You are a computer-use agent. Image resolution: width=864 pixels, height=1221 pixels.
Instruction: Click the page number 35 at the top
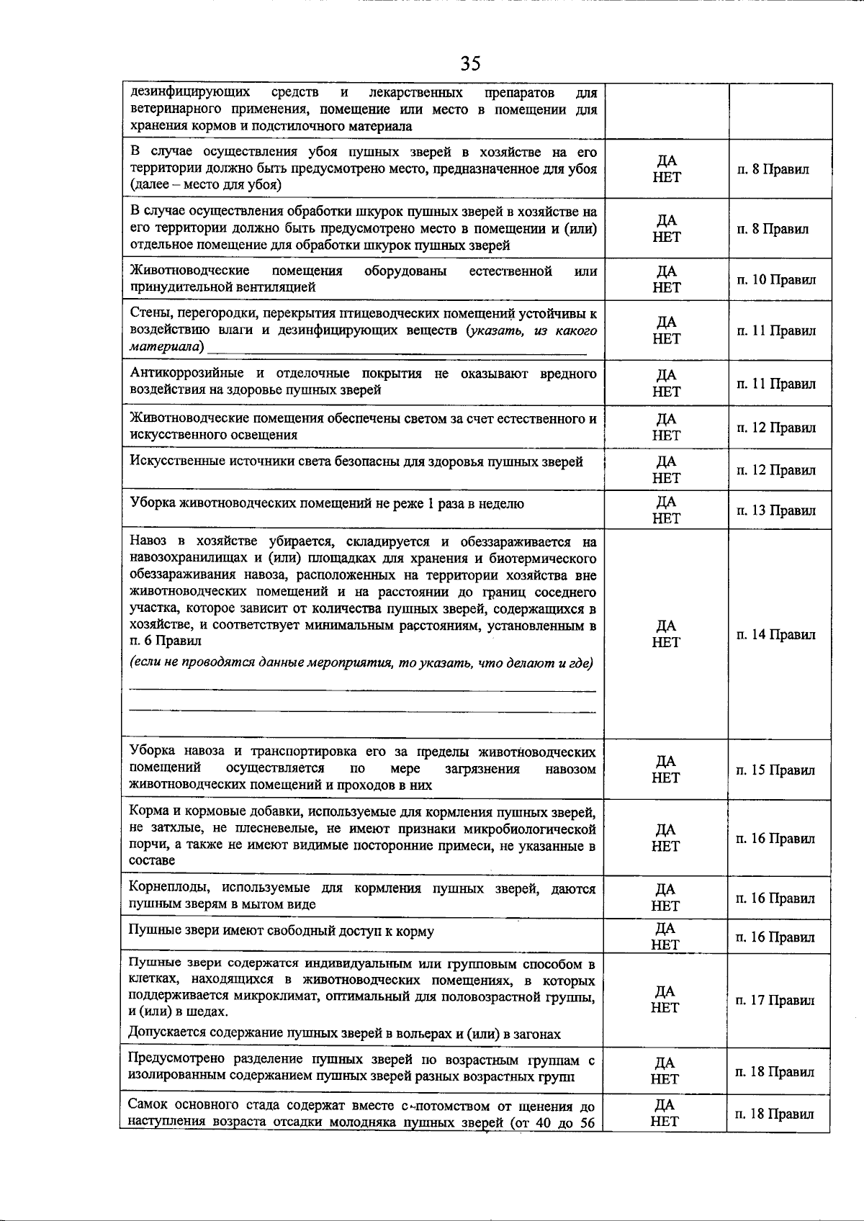click(x=470, y=64)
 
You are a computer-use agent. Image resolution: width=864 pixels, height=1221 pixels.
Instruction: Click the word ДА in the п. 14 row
click(x=667, y=626)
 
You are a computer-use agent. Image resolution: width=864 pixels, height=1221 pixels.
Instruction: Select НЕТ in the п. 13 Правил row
click(x=667, y=518)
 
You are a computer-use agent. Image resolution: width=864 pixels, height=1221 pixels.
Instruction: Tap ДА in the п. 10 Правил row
click(x=667, y=271)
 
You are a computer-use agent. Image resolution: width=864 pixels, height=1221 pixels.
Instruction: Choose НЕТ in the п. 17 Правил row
click(x=665, y=1008)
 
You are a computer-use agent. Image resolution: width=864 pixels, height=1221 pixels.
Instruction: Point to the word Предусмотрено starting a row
click(x=175, y=1058)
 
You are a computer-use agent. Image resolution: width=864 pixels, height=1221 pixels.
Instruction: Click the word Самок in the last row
click(x=148, y=1105)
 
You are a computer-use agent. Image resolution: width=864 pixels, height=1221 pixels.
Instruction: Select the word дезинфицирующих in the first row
click(x=190, y=93)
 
